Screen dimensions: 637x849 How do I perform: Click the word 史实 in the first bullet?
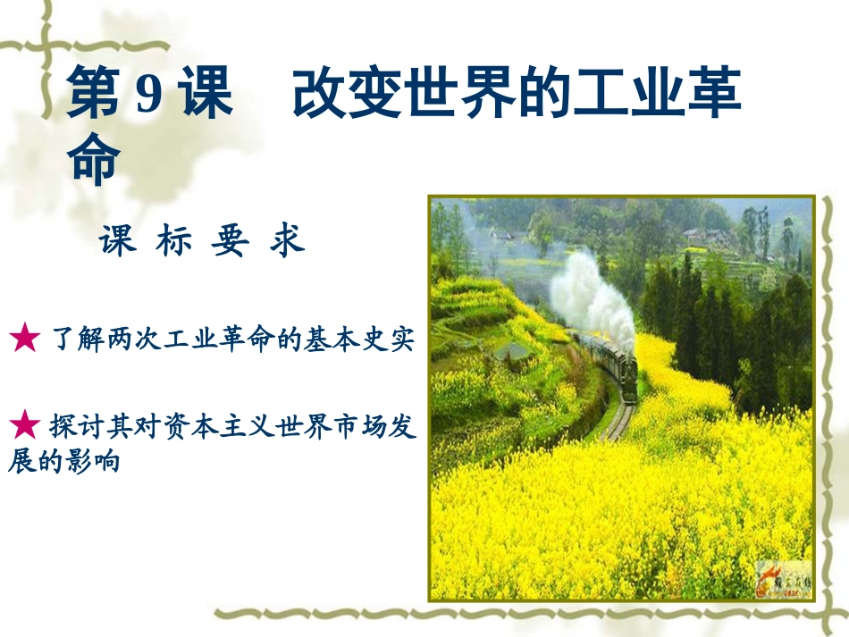coord(391,340)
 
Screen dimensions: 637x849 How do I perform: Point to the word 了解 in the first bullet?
coord(73,340)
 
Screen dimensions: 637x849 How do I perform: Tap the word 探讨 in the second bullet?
coord(73,425)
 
